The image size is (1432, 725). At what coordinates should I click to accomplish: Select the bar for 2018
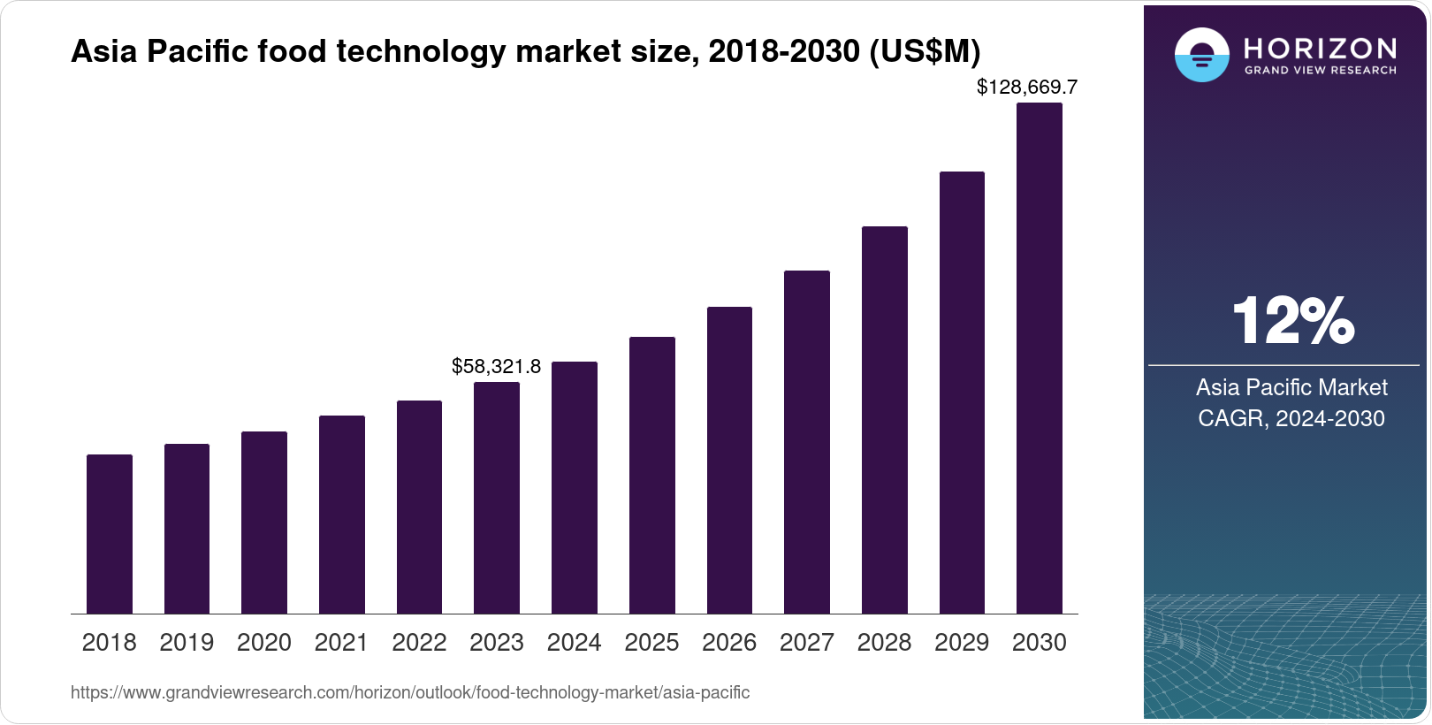pos(110,534)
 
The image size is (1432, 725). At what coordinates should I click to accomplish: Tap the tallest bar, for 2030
pos(1040,358)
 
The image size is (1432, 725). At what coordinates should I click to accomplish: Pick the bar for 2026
pos(729,460)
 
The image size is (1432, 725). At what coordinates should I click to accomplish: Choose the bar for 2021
pos(342,515)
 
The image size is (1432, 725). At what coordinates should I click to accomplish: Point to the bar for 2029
pos(962,393)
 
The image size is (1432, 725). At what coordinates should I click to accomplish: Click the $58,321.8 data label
pos(496,366)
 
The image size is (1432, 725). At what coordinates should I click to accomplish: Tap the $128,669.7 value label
pos(1027,87)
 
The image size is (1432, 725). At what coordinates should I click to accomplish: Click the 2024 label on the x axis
pos(574,643)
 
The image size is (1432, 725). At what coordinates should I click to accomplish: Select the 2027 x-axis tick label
pos(806,643)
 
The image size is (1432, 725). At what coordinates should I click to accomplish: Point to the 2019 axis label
pos(187,643)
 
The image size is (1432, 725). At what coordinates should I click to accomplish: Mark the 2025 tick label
pos(651,643)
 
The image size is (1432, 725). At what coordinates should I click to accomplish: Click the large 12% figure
pos(1292,321)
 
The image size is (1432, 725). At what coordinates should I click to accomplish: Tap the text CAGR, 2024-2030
pos(1291,418)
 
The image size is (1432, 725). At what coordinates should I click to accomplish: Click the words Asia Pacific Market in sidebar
pos(1291,387)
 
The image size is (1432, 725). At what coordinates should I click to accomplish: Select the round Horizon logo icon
pos(1201,55)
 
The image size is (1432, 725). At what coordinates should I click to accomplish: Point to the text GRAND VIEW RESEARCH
pos(1321,70)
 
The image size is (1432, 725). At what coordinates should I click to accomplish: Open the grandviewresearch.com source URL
pos(410,693)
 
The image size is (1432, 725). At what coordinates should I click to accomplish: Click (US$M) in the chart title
pos(925,51)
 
